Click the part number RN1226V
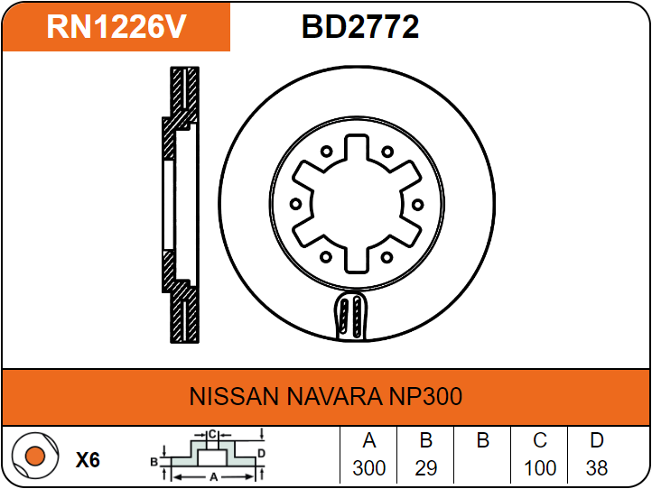pyautogui.click(x=116, y=27)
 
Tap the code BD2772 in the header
pyautogui.click(x=360, y=27)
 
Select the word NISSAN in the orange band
pyautogui.click(x=234, y=397)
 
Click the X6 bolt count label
pyautogui.click(x=88, y=460)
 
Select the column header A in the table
pyautogui.click(x=368, y=441)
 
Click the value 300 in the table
pyautogui.click(x=368, y=468)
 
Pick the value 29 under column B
pyautogui.click(x=426, y=468)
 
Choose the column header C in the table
pyautogui.click(x=540, y=441)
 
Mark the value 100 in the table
pyautogui.click(x=540, y=468)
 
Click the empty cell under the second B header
pyautogui.click(x=482, y=468)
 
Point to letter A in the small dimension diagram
pyautogui.click(x=212, y=475)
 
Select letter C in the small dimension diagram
pyautogui.click(x=211, y=434)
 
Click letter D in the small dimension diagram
pyautogui.click(x=260, y=452)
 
